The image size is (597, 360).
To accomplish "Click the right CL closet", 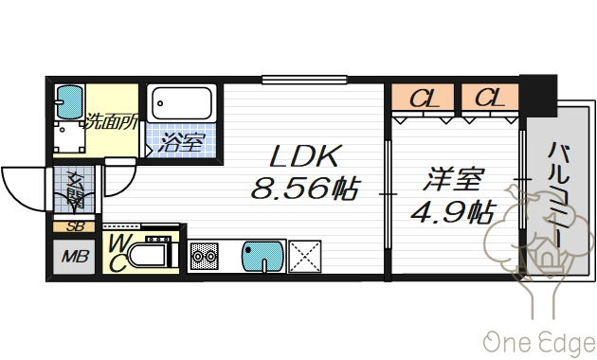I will pos(488,98).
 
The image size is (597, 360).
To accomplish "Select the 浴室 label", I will pos(181,144).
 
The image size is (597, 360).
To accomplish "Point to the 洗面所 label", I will pos(112,121).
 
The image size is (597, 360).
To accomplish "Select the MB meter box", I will pos(73,256).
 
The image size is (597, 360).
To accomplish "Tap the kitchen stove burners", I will pos(206,257).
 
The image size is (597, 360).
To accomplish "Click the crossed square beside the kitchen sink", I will pos(304,256).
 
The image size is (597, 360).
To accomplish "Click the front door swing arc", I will pos(21,185).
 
